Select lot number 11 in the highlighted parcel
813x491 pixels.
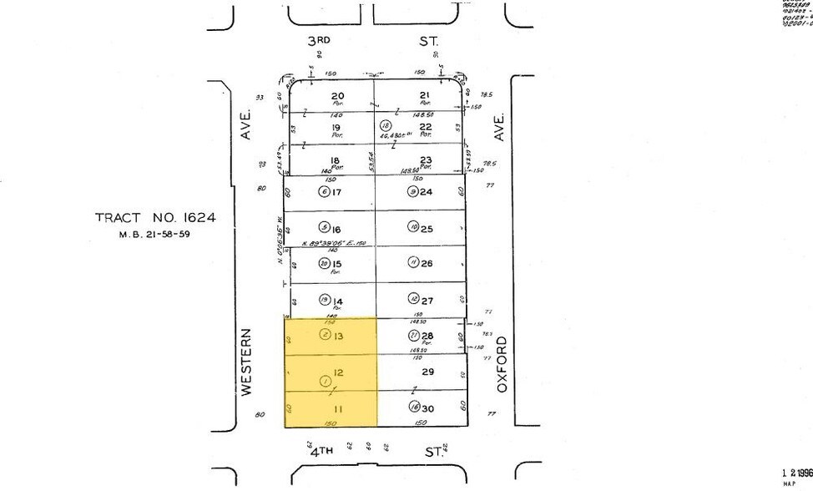[x=337, y=408]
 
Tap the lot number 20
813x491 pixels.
[x=338, y=96]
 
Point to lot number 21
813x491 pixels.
[x=425, y=96]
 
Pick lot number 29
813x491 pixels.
[x=427, y=372]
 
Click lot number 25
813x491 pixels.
[x=427, y=228]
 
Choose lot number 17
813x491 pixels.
[x=338, y=192]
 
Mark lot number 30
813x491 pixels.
[x=427, y=408]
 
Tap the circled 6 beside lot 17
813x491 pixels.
[x=324, y=192]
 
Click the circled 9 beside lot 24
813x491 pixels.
[x=412, y=192]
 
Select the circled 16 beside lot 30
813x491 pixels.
[x=413, y=408]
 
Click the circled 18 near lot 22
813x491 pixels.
[x=386, y=124]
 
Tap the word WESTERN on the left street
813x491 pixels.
[x=247, y=362]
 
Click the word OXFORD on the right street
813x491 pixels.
[x=502, y=360]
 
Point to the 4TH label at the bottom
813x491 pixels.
[x=321, y=452]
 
